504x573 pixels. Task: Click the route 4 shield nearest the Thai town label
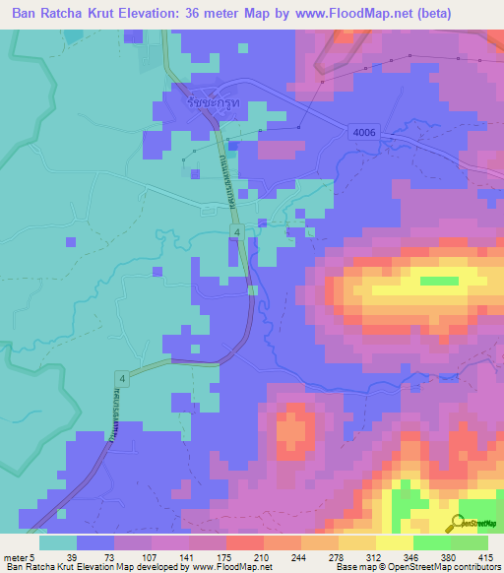236,230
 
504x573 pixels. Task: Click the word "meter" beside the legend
17,557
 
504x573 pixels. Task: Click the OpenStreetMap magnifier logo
458,524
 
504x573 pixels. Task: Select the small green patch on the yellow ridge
439,282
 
